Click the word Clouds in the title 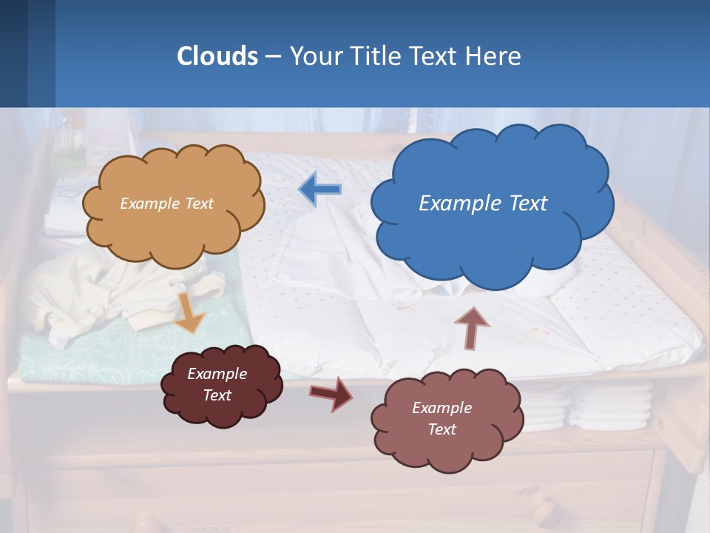tap(217, 56)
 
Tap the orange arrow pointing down tap(189, 312)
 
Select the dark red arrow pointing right tap(331, 393)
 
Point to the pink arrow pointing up tap(472, 327)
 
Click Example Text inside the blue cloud tap(483, 203)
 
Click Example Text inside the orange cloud tap(166, 203)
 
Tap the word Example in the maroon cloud tap(217, 374)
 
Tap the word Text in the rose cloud tap(442, 429)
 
